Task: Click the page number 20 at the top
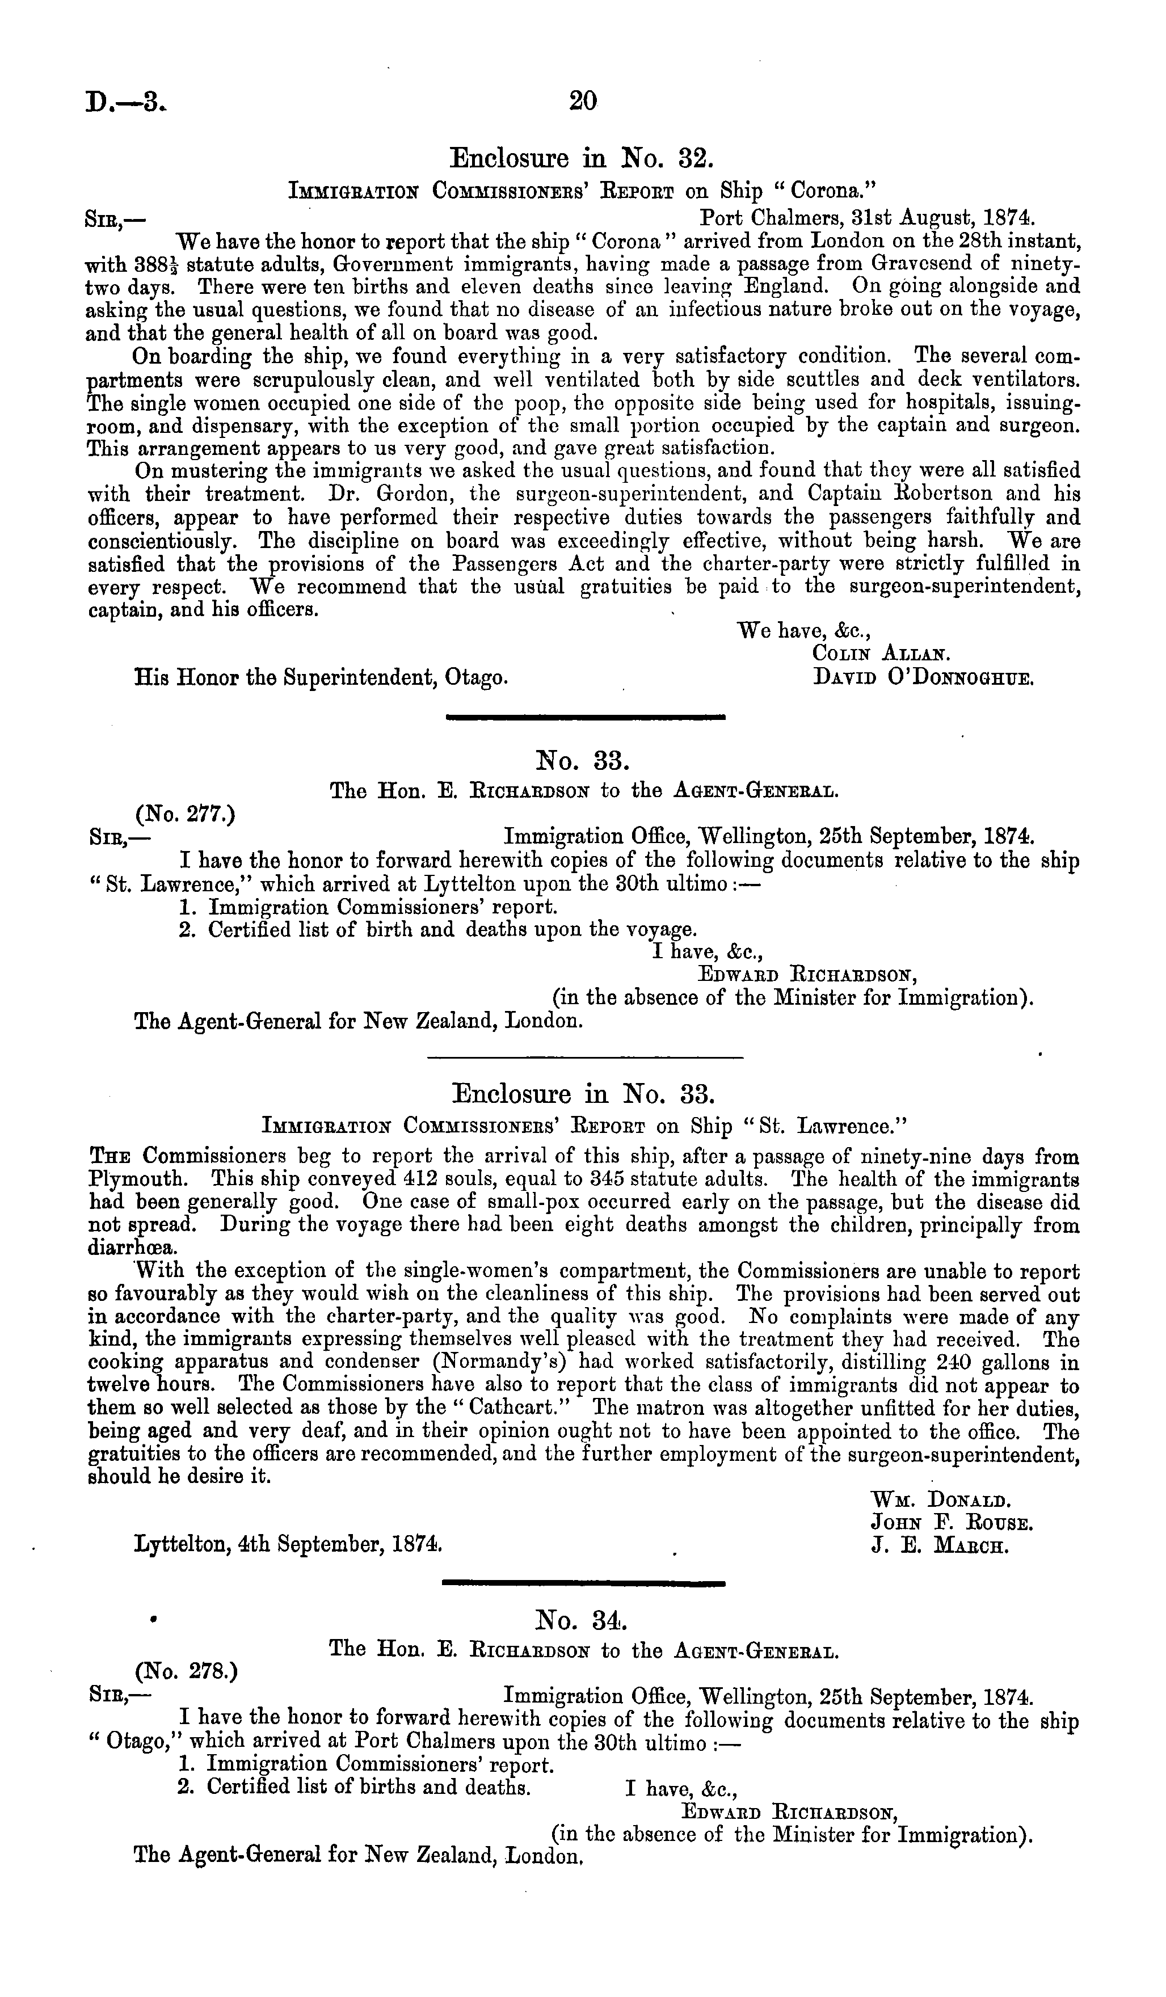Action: click(x=583, y=102)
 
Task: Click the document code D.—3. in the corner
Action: click(x=126, y=102)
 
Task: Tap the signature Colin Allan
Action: click(x=881, y=655)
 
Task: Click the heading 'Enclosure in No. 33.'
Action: click(x=583, y=1094)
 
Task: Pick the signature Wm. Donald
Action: click(x=939, y=1500)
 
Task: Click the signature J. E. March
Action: click(x=939, y=1546)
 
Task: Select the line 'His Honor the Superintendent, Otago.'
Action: click(x=321, y=679)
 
